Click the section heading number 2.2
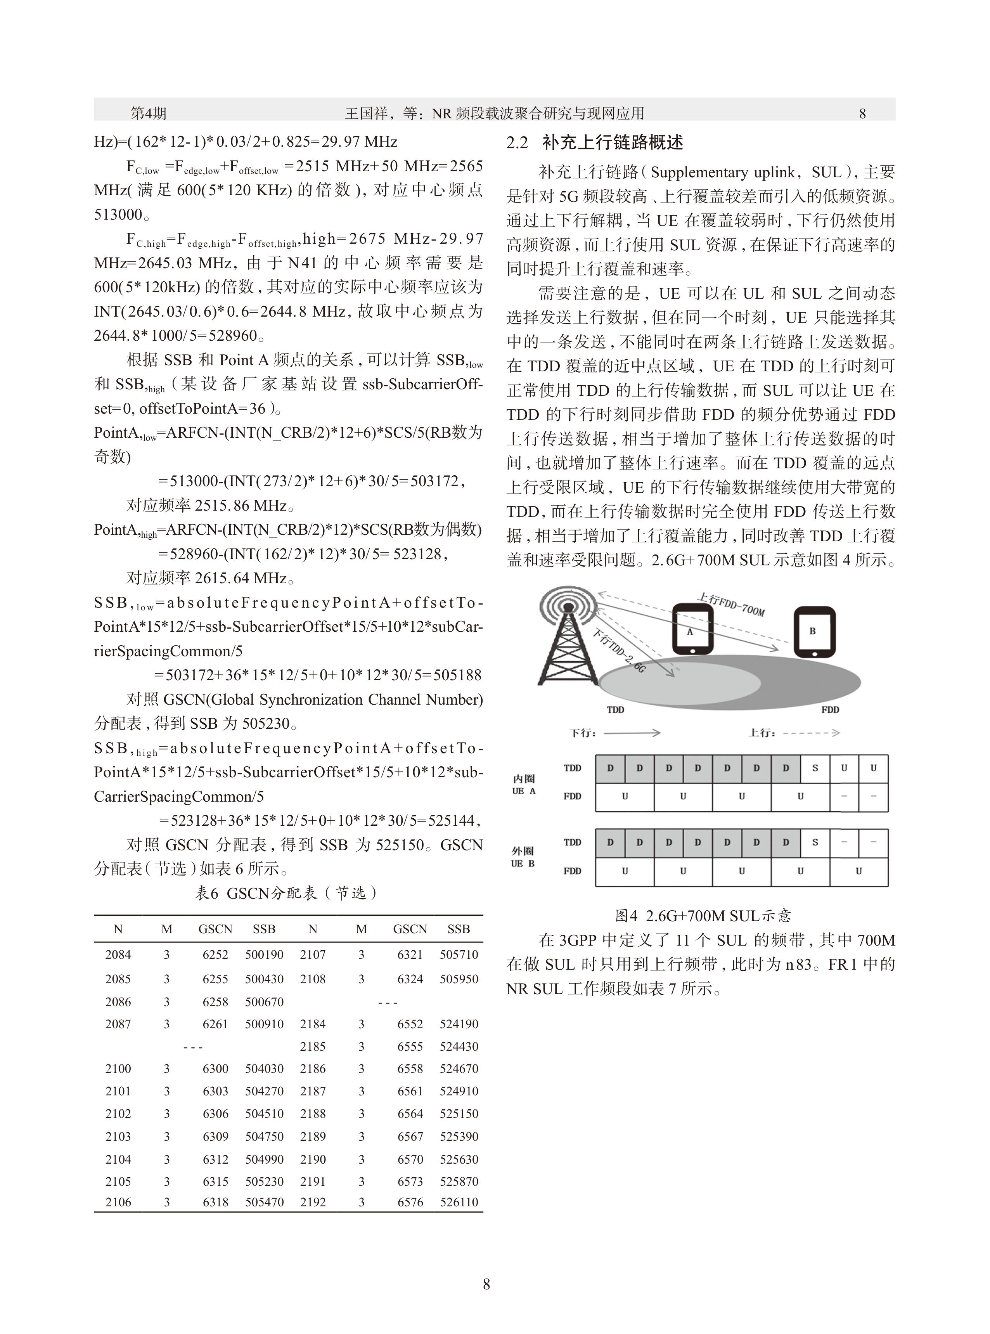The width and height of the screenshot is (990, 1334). [x=517, y=143]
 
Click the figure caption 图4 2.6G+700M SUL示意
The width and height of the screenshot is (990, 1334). [x=703, y=916]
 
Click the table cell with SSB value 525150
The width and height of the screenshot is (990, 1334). [x=459, y=1114]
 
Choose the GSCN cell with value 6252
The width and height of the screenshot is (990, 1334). [x=215, y=955]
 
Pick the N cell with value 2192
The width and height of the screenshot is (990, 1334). [x=313, y=1202]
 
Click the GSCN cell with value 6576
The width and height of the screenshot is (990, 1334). [x=410, y=1202]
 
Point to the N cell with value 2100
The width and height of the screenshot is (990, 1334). [x=118, y=1069]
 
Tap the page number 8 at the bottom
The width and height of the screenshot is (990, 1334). [x=486, y=1284]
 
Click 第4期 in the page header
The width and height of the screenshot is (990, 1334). [x=149, y=113]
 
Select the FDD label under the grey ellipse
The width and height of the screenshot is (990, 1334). [x=830, y=710]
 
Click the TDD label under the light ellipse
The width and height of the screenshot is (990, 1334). [x=616, y=710]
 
